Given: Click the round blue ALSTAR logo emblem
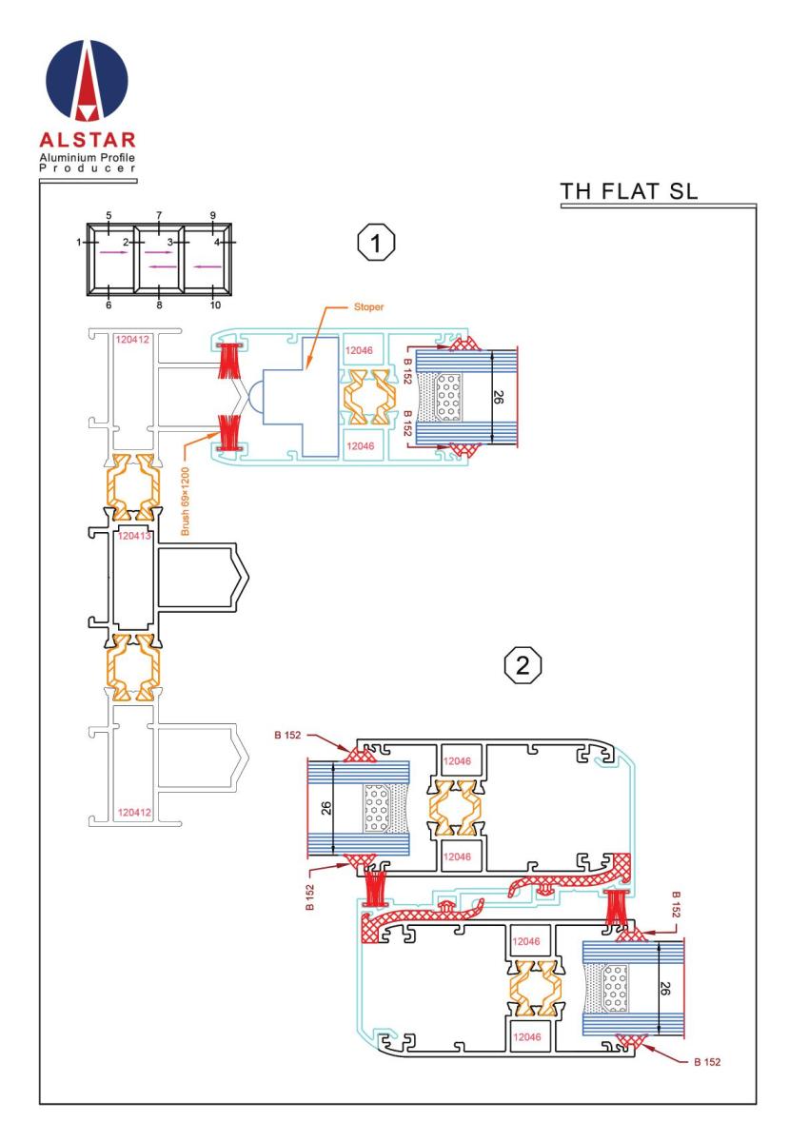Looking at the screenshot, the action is (87, 81).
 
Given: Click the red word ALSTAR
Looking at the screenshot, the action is (88, 140).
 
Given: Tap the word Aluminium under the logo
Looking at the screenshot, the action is (64, 157).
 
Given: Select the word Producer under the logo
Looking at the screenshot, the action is (88, 167).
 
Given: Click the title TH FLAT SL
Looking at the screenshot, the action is (628, 191).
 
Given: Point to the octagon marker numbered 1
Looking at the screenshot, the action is (376, 244).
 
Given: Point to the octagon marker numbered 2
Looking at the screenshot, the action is (523, 665).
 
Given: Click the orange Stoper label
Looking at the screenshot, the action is (368, 306).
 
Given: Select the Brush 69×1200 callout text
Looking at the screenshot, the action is (185, 502).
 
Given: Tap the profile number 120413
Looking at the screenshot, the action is (134, 535).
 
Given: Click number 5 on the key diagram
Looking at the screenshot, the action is (108, 215).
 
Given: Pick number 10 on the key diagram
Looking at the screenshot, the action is (215, 305).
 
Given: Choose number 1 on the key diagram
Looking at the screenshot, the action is (79, 242).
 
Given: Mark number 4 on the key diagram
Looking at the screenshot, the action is (217, 242).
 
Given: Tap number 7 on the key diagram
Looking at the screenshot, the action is (159, 215).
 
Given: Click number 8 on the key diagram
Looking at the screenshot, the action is (159, 305).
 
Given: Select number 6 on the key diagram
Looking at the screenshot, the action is (108, 305).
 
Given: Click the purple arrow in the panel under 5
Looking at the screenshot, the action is (111, 252).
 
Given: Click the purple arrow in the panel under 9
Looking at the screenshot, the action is (207, 266).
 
